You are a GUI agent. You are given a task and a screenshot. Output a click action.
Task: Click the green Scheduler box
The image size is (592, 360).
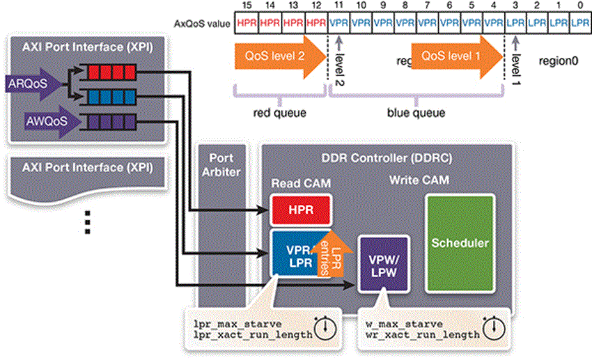[460, 243]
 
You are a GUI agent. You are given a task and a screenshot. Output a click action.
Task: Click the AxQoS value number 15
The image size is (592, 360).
[247, 6]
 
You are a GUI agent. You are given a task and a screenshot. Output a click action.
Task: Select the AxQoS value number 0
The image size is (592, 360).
[580, 6]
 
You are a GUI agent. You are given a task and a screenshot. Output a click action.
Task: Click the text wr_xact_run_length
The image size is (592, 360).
[423, 335]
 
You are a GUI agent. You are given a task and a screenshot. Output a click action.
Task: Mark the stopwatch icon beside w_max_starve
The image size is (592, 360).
[495, 324]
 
